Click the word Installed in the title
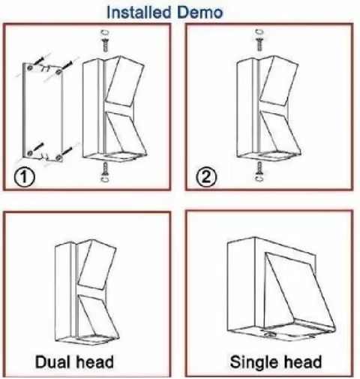(139, 12)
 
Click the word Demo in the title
(200, 12)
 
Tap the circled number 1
(24, 177)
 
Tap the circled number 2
(205, 177)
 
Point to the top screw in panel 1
(106, 45)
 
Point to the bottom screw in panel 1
(106, 168)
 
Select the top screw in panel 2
(259, 44)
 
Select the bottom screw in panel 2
(259, 168)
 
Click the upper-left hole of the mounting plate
(30, 68)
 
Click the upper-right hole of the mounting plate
(58, 72)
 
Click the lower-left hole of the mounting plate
(30, 152)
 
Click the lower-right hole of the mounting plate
(58, 158)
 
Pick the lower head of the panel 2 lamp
(280, 134)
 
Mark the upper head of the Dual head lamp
(97, 265)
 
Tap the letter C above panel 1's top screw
(106, 32)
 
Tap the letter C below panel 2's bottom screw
(259, 178)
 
